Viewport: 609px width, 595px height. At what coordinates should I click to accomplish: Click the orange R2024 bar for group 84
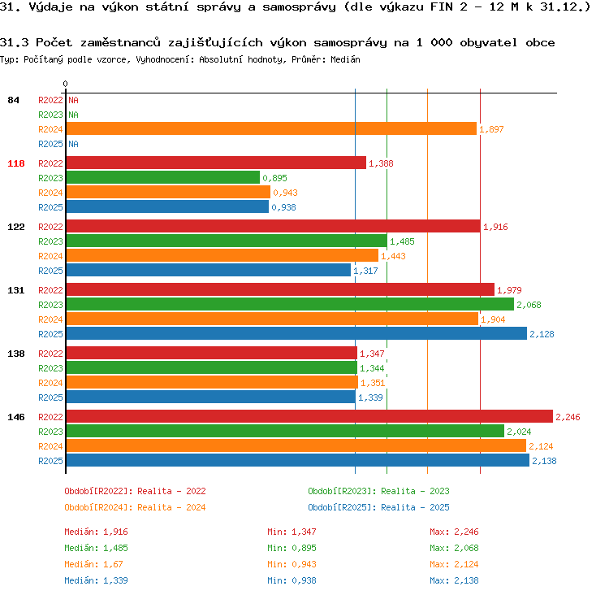(271, 128)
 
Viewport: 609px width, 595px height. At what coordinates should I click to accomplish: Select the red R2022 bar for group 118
(216, 163)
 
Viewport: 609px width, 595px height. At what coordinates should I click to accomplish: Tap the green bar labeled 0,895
(163, 177)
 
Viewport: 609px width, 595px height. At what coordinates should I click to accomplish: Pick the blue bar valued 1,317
(209, 271)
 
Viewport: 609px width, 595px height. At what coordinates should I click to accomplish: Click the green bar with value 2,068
(290, 304)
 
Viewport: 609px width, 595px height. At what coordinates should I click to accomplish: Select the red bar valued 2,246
(309, 416)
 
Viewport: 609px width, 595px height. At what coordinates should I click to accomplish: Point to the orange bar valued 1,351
(212, 382)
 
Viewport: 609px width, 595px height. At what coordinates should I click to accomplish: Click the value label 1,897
(491, 129)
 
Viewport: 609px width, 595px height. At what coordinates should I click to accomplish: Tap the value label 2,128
(542, 334)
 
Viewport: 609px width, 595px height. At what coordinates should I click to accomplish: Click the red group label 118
(16, 163)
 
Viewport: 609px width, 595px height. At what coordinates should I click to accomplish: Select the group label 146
(16, 417)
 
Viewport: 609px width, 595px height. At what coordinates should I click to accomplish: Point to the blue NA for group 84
(73, 144)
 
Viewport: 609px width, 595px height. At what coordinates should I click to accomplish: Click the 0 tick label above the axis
(65, 84)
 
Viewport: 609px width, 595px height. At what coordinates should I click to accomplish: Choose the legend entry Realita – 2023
(415, 491)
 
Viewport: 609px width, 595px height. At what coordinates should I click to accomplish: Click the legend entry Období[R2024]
(97, 507)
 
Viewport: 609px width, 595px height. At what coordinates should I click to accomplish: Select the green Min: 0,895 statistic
(292, 548)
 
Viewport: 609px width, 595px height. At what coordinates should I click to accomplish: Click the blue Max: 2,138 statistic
(454, 580)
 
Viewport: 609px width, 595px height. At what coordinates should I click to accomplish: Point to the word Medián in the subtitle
(345, 59)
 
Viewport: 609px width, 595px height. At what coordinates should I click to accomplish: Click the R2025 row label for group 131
(50, 334)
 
